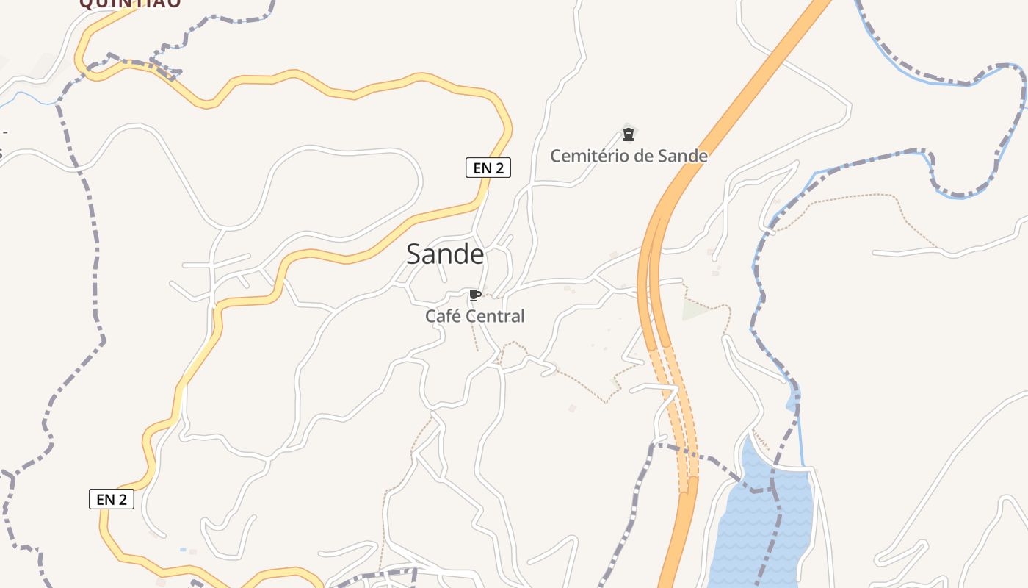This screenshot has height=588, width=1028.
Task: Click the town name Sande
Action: (445, 254)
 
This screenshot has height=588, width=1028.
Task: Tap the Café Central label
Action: (475, 316)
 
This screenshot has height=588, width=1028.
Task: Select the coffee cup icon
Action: (474, 295)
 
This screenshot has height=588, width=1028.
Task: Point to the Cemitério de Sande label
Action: (629, 156)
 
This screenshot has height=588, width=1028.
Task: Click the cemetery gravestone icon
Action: (629, 135)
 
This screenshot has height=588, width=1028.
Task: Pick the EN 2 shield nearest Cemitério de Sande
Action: (488, 168)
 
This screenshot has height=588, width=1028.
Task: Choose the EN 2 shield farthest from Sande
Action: (112, 499)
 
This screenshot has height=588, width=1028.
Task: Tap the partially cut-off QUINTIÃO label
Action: (130, 4)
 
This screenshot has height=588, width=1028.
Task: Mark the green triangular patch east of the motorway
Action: (694, 310)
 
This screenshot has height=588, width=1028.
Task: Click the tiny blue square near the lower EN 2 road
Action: (183, 549)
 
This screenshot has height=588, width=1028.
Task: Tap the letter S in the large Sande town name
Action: (416, 254)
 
